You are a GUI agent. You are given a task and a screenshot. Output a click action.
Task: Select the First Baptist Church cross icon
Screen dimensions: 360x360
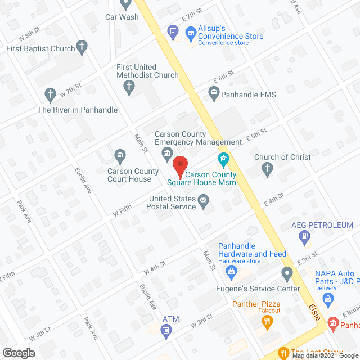pos(82,48)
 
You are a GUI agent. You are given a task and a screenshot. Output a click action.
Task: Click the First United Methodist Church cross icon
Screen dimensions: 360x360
pos(129,86)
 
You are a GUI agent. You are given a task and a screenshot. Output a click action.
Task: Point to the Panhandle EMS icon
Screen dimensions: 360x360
pos(213,94)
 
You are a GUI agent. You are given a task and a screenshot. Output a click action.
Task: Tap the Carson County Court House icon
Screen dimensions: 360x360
pos(119,155)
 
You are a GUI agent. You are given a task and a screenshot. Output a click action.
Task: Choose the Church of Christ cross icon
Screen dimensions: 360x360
pos(268,168)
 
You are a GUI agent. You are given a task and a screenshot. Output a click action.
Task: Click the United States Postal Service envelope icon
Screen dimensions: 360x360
pos(203,199)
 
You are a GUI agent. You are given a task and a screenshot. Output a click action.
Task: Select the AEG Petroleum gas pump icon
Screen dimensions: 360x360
pos(305,237)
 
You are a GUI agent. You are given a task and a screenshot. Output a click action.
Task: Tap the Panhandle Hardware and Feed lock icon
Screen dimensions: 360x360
pos(230,272)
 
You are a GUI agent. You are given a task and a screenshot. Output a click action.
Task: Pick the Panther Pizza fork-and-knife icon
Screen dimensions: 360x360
pos(268,322)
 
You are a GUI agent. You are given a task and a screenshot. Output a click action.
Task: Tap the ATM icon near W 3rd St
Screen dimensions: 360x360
pos(166,330)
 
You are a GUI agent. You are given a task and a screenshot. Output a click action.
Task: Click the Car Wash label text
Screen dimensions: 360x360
pos(122,17)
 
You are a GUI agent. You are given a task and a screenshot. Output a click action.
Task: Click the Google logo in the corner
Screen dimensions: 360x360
pos(18,353)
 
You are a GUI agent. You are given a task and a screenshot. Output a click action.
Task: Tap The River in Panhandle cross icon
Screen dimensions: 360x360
pos(50,93)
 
